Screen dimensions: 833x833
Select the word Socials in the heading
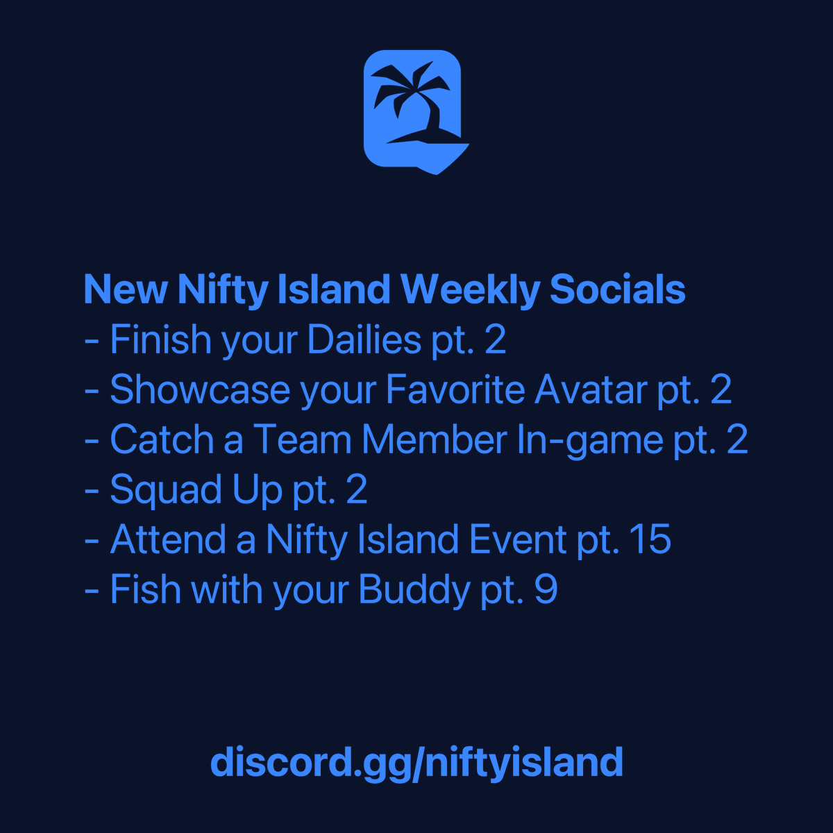point(617,289)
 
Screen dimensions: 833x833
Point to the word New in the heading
point(125,289)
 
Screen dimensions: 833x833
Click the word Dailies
point(364,340)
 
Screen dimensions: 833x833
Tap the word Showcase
point(200,390)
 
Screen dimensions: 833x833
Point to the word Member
point(435,440)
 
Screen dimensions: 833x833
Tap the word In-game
point(590,441)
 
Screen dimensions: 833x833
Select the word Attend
point(168,540)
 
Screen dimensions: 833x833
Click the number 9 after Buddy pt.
point(546,590)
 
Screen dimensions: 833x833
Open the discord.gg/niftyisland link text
point(416,762)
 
